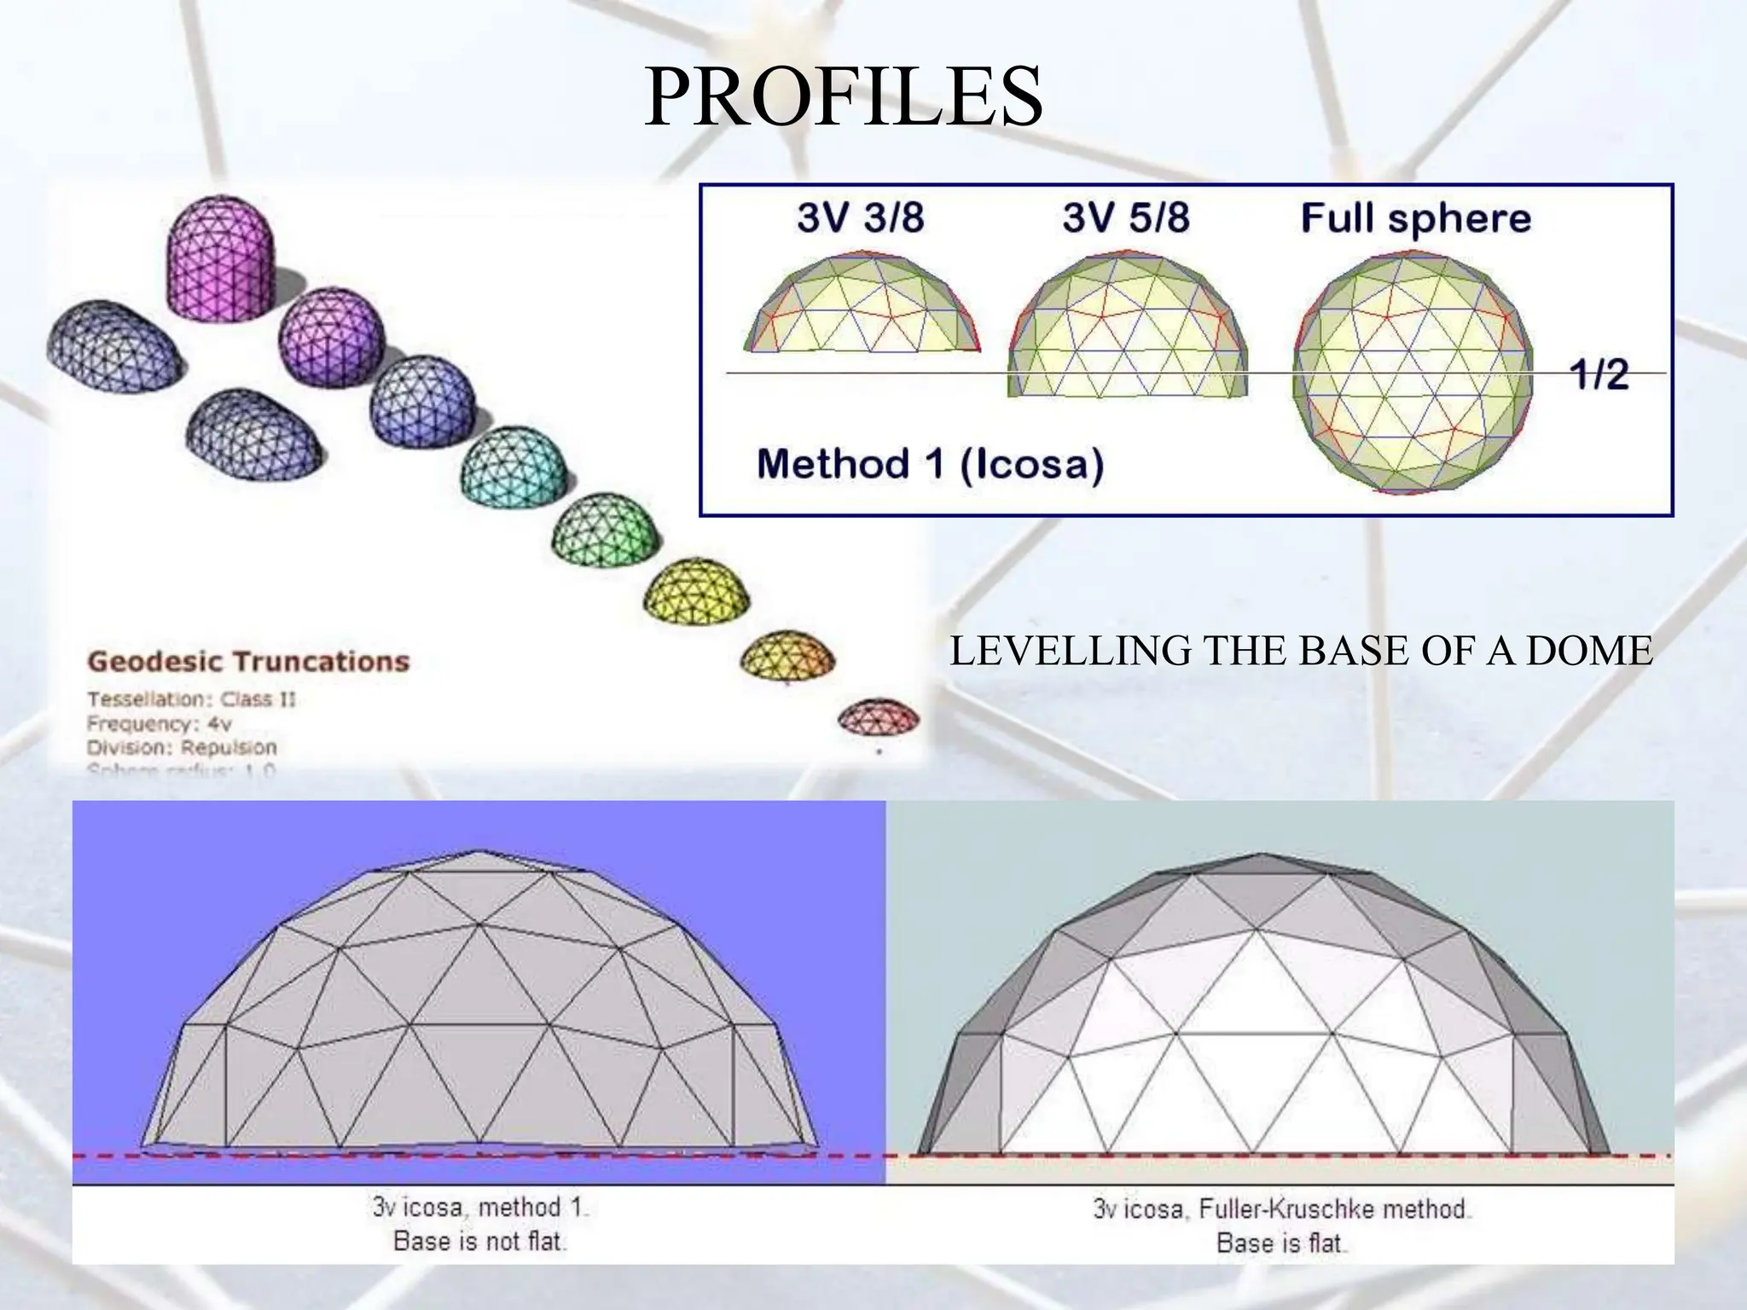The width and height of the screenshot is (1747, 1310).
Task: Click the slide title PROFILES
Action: [x=843, y=96]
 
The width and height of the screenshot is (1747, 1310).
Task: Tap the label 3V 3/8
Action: [x=860, y=218]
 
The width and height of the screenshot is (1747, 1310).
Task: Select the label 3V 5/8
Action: [x=1125, y=218]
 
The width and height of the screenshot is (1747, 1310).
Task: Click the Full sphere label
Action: [x=1415, y=218]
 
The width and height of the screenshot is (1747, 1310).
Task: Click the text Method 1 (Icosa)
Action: [x=930, y=465]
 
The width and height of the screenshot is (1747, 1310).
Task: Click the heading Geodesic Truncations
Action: [x=248, y=661]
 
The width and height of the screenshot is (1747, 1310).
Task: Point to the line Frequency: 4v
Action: [x=159, y=723]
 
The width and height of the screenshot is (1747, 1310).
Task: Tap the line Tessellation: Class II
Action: [x=191, y=699]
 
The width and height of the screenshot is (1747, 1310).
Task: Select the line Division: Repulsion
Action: [x=182, y=747]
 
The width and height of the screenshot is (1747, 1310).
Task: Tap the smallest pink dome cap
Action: [x=878, y=718]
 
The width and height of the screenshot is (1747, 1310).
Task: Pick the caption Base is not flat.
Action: [x=479, y=1241]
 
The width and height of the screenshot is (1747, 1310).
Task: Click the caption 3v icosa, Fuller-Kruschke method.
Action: [x=1280, y=1209]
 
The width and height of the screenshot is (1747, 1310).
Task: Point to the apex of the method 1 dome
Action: [x=479, y=851]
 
